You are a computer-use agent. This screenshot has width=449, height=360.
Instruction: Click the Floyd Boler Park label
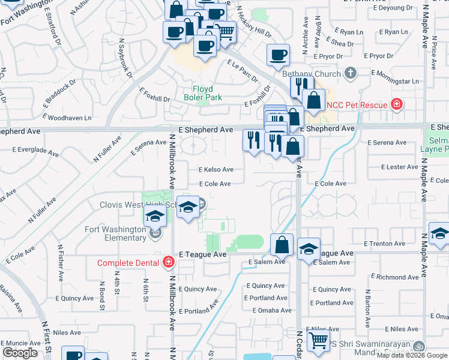(x=203, y=93)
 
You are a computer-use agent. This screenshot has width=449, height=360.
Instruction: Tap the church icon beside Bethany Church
(x=351, y=74)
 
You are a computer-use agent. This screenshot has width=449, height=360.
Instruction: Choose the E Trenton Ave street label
(x=385, y=244)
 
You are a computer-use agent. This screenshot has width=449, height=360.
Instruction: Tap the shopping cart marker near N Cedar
(x=318, y=341)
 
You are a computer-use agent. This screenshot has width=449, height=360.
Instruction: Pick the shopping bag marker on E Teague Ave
(x=282, y=244)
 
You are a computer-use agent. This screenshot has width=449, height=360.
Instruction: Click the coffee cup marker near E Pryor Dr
(x=278, y=55)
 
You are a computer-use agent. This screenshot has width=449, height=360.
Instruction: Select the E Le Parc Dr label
(x=242, y=71)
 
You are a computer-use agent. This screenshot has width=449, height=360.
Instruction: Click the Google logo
(x=20, y=353)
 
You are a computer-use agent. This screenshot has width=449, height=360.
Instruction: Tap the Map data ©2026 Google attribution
(x=411, y=355)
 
